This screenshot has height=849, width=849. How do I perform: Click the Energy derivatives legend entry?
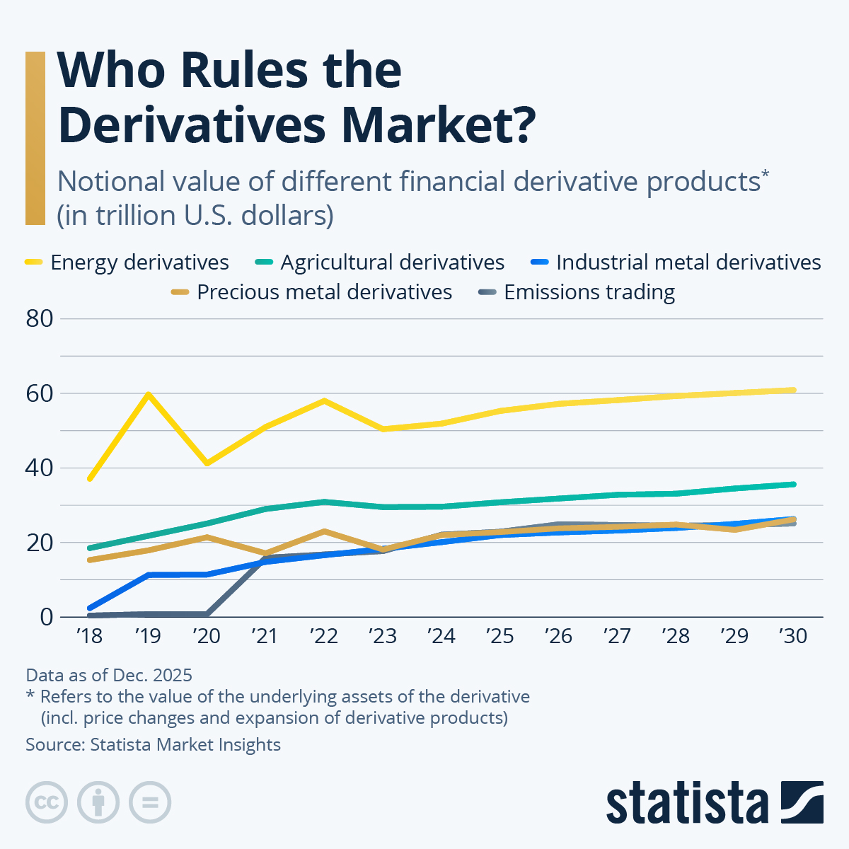(x=127, y=262)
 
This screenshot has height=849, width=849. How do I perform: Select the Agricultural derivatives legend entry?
(x=380, y=262)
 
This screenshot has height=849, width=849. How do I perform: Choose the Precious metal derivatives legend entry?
(x=312, y=292)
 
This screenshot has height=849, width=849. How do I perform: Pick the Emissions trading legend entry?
(x=577, y=292)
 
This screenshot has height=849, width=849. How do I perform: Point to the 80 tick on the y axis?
(x=40, y=319)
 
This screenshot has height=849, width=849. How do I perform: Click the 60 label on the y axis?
(x=40, y=393)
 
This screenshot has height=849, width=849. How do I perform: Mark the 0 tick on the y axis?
(x=47, y=617)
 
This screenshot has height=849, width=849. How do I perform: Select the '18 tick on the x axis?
(x=89, y=636)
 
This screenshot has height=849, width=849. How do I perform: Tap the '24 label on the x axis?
(x=441, y=636)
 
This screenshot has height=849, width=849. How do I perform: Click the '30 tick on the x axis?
(x=793, y=636)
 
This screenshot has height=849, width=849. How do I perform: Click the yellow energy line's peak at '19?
(x=148, y=394)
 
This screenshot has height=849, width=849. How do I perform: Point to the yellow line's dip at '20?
(x=207, y=463)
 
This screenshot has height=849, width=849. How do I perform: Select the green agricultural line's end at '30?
(x=793, y=485)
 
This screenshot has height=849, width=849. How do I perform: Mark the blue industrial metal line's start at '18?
(x=90, y=608)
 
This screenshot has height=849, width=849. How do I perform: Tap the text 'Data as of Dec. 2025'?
(x=109, y=675)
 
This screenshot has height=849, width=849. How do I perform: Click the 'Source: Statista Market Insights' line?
(x=153, y=744)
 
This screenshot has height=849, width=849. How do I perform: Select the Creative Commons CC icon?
(x=47, y=802)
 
